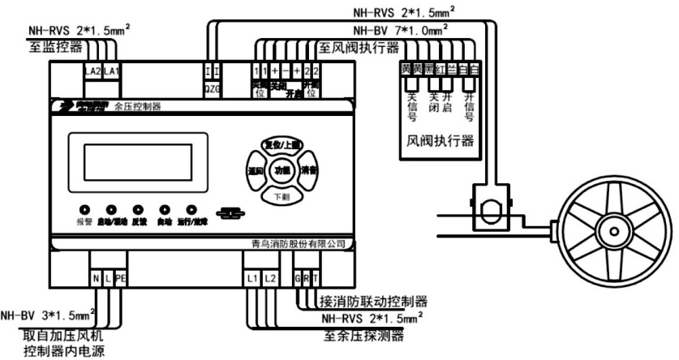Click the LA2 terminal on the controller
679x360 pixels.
pos(93,72)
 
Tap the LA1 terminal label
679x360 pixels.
pos(111,72)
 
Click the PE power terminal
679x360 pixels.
pos(121,279)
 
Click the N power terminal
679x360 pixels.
pos(96,279)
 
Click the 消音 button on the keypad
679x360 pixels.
pos(307,170)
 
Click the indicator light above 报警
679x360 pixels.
pos(84,208)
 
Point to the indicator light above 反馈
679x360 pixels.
pos(138,208)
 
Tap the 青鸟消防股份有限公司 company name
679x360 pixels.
pos(299,243)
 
